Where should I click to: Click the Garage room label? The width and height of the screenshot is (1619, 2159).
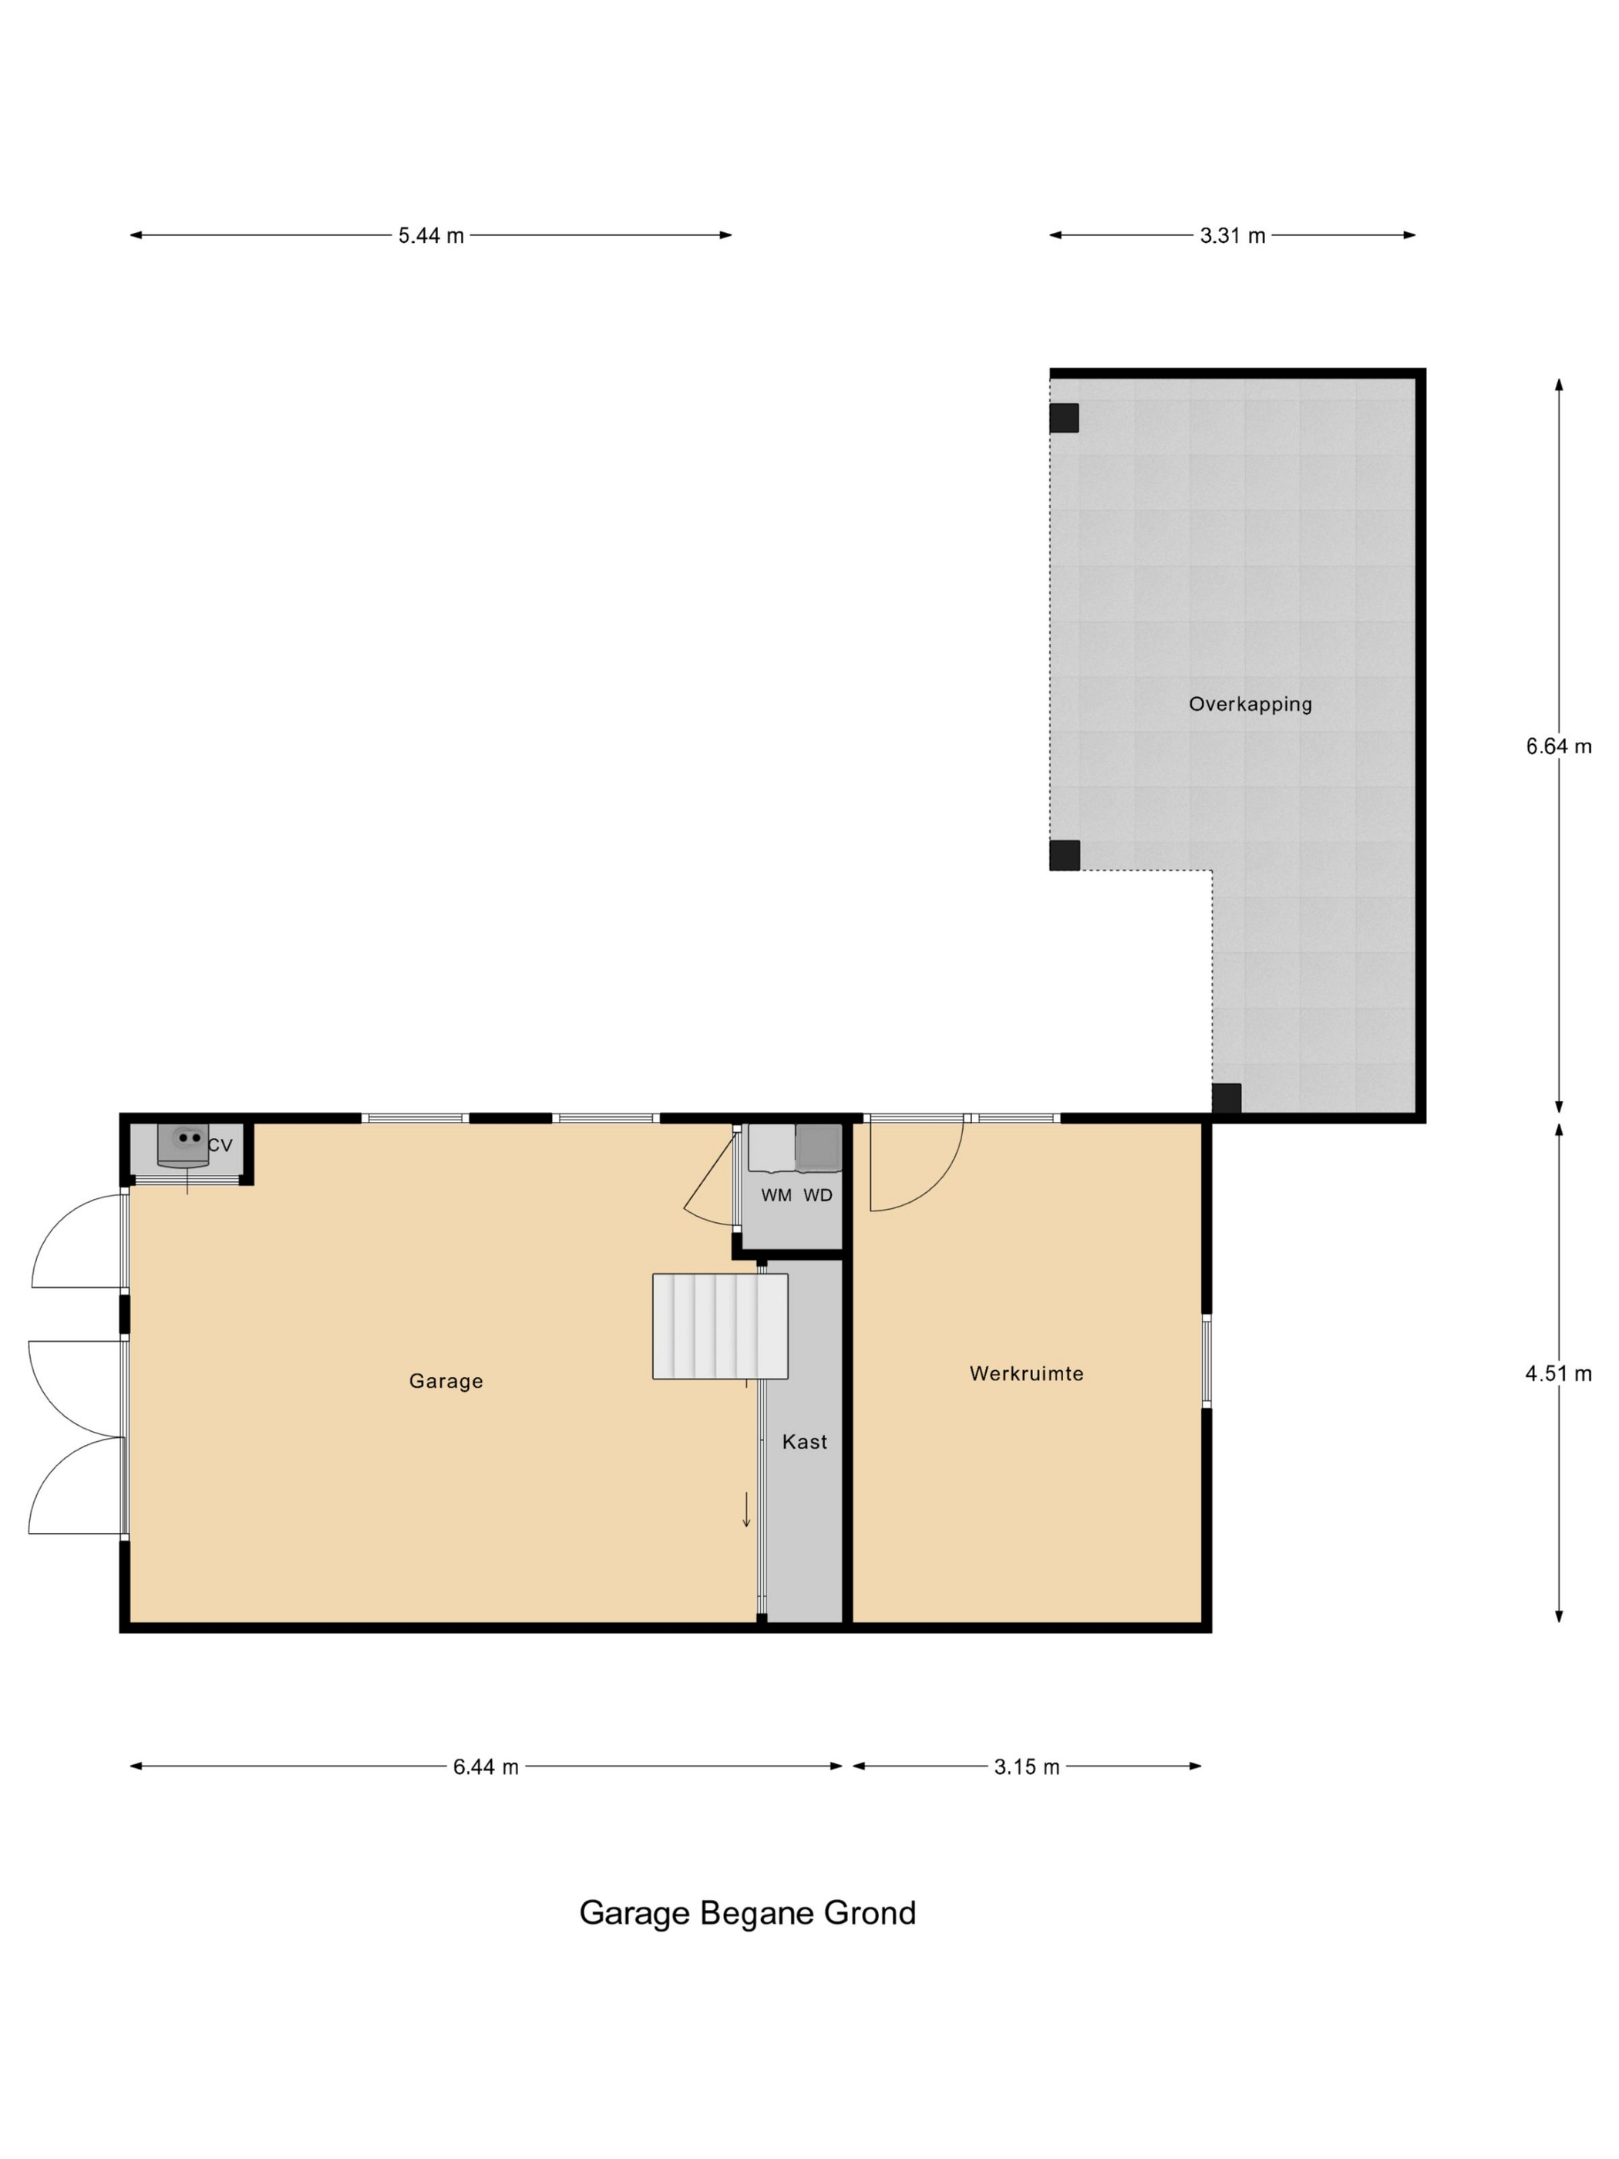click(445, 1380)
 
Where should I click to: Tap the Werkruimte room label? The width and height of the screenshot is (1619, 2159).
click(1025, 1373)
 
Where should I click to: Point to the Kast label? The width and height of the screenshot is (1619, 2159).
click(804, 1442)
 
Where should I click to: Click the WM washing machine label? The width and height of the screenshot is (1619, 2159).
click(776, 1194)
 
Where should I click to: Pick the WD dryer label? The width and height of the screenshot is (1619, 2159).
click(818, 1194)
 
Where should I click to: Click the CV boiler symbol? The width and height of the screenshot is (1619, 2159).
click(183, 1143)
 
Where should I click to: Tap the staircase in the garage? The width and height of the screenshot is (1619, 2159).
click(719, 1325)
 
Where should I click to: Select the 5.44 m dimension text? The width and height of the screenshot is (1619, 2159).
click(430, 235)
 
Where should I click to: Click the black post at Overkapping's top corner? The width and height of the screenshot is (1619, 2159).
click(1064, 418)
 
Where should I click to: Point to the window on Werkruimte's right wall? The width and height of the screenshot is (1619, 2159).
click(1207, 1361)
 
